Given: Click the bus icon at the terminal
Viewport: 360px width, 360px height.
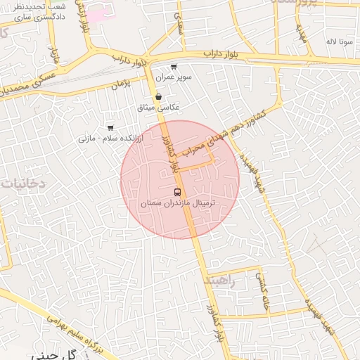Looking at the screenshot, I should (176, 192).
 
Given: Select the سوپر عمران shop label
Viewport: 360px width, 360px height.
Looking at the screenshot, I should (174, 77).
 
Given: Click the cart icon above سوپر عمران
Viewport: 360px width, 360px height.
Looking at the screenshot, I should (174, 66).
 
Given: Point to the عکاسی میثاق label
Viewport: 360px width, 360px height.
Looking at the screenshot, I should (160, 107).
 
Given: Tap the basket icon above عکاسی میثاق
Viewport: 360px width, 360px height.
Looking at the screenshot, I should (158, 97).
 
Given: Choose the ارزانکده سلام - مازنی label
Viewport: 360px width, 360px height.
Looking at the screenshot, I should (110, 138).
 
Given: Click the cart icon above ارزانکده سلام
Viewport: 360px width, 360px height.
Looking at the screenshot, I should (110, 127).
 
